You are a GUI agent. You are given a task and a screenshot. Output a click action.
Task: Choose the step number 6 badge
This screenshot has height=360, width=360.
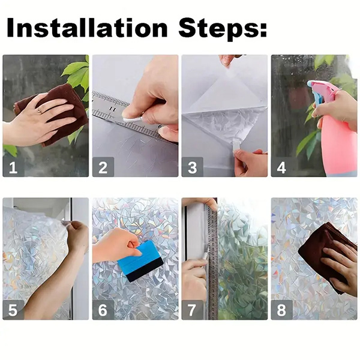click(x=103, y=310)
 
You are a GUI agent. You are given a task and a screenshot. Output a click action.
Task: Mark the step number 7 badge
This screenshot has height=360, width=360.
click(x=192, y=310)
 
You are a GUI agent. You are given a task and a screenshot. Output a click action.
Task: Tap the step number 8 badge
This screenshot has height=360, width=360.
click(x=281, y=310)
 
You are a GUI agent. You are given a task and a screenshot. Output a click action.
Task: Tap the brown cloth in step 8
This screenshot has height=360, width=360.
click(x=330, y=252)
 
